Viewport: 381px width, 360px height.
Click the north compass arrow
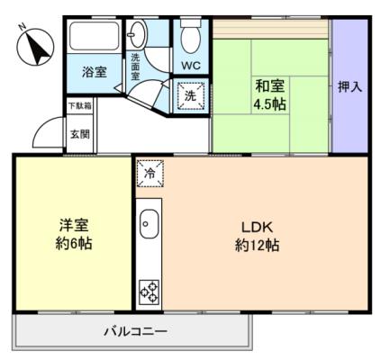pyautogui.click(x=38, y=49)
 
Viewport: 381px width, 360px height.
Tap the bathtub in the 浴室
pyautogui.click(x=95, y=36)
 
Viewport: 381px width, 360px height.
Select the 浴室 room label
pyautogui.click(x=95, y=72)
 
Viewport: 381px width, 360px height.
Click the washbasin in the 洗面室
pyautogui.click(x=138, y=34)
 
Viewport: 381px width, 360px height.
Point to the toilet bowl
pyautogui.click(x=191, y=38)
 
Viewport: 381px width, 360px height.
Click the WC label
pyautogui.click(x=191, y=66)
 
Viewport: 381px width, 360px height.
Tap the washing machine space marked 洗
pyautogui.click(x=190, y=95)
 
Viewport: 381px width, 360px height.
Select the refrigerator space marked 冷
pyautogui.click(x=150, y=174)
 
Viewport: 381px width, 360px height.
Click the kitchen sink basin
pyautogui.click(x=150, y=224)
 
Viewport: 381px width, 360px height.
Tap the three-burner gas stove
pyautogui.click(x=150, y=292)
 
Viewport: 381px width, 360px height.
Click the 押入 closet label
pyautogui.click(x=349, y=87)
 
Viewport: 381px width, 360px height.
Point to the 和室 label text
pyautogui.click(x=269, y=86)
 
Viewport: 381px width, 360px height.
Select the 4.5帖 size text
pyautogui.click(x=269, y=104)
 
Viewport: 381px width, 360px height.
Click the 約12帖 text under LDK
pyautogui.click(x=257, y=245)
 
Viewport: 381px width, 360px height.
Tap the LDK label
pyautogui.click(x=257, y=228)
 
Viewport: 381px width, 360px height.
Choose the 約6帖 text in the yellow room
pyautogui.click(x=74, y=243)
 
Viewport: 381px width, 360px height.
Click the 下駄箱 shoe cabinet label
pyautogui.click(x=80, y=105)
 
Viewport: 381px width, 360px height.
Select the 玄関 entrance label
pyautogui.click(x=80, y=134)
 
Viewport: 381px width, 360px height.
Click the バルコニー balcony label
pyautogui.click(x=135, y=332)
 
